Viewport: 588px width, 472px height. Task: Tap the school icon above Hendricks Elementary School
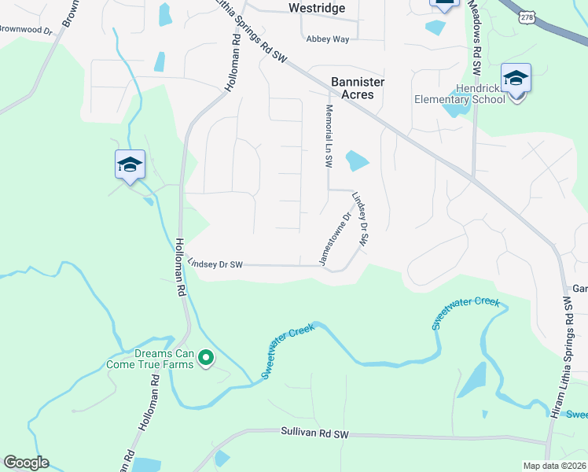pos(516,79)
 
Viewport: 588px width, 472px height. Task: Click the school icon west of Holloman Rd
pos(130,164)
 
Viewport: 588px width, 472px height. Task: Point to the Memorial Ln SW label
pos(329,136)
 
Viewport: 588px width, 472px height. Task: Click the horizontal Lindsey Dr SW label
pos(215,265)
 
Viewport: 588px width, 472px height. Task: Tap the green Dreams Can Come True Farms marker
pos(206,359)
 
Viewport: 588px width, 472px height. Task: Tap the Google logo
pos(26,463)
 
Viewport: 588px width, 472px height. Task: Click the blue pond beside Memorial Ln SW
pos(357,160)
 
